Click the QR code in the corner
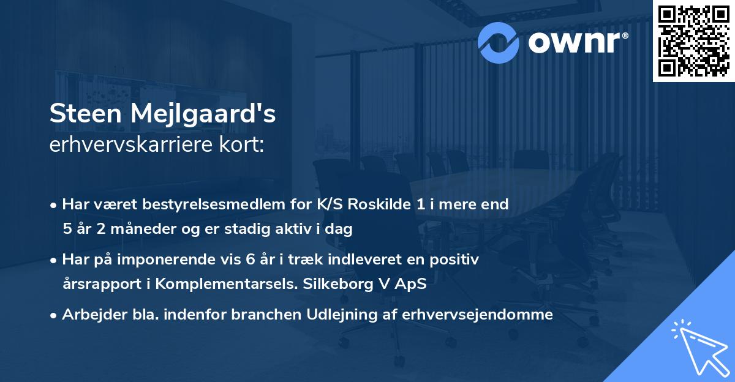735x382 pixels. click(x=693, y=41)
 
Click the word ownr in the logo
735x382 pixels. click(x=575, y=41)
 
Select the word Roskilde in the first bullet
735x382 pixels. click(x=378, y=204)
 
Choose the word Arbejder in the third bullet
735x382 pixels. click(x=91, y=315)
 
